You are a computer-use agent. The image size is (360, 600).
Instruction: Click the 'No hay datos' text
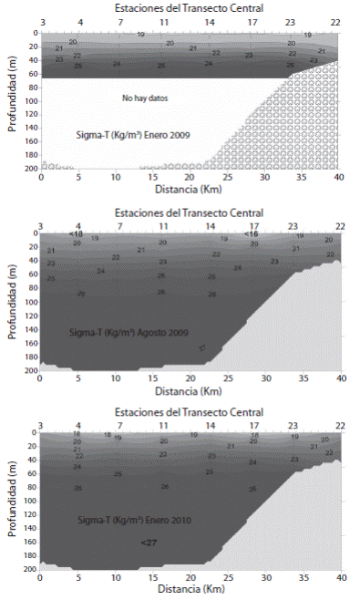tap(146, 97)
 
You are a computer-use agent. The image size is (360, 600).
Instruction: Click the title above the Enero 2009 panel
tap(190, 6)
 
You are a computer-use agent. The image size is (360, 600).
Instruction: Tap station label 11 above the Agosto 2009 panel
tap(163, 224)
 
